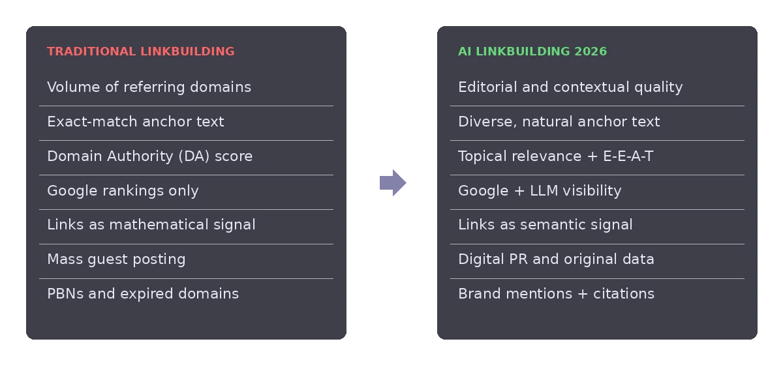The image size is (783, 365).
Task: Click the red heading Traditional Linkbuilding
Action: point(141,51)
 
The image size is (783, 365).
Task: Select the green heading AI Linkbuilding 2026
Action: point(532,51)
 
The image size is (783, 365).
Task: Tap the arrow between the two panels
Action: point(393,182)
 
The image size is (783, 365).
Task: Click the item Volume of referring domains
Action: point(149,87)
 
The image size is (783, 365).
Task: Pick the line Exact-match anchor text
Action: point(136,121)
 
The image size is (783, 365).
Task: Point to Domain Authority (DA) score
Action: point(149,156)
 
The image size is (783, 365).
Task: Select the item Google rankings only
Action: point(123,191)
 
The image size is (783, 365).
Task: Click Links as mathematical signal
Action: point(151,225)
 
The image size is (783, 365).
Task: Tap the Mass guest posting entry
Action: point(116,259)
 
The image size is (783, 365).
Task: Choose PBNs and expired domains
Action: point(143,294)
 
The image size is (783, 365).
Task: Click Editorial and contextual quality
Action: point(570,87)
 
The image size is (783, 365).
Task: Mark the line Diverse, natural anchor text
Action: point(559,121)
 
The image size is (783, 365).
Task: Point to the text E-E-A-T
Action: point(628,156)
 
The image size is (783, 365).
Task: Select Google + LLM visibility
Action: point(540,191)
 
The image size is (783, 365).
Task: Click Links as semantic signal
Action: point(545,225)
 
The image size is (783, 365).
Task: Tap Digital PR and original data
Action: point(556,259)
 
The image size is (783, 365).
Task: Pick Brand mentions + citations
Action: point(556,294)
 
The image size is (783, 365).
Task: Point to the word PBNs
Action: point(65,294)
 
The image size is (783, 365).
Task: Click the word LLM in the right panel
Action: point(544,191)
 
